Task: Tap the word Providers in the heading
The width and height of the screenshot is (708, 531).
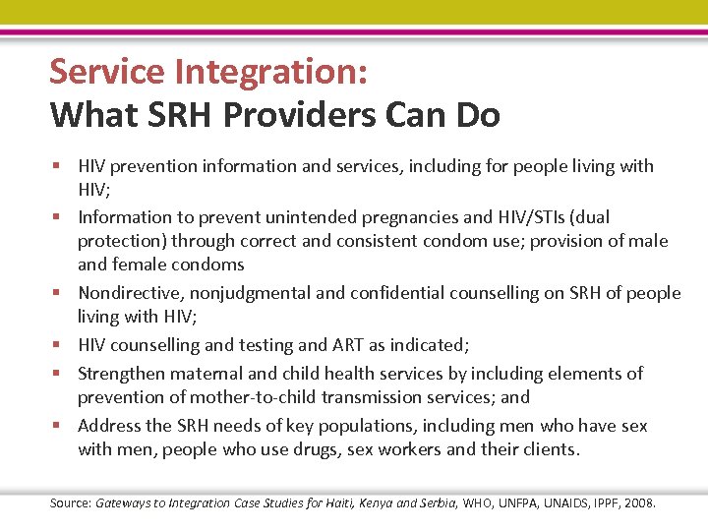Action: (x=297, y=115)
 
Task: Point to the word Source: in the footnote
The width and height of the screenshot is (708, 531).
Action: (x=71, y=503)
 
